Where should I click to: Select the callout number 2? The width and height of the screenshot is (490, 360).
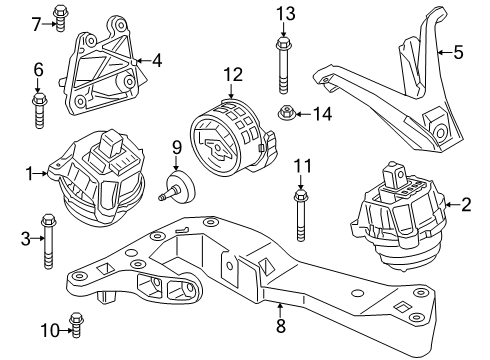[x=465, y=206]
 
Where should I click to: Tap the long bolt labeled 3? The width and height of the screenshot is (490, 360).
[x=47, y=243]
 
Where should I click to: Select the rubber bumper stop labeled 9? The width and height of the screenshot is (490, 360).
[x=182, y=187]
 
